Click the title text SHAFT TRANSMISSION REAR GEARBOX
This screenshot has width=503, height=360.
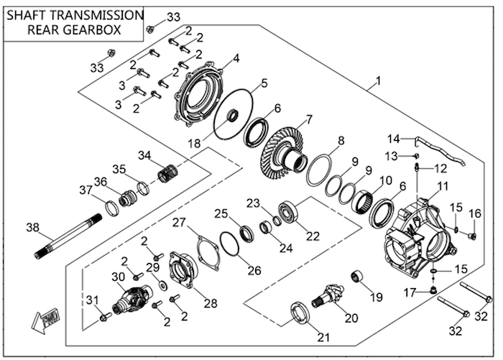pos(73,22)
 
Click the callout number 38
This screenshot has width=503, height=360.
pos(32,228)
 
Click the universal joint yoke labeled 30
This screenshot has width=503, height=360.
pos(132,296)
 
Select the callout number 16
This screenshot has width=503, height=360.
pos(474,214)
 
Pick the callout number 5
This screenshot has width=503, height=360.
pos(264,83)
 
